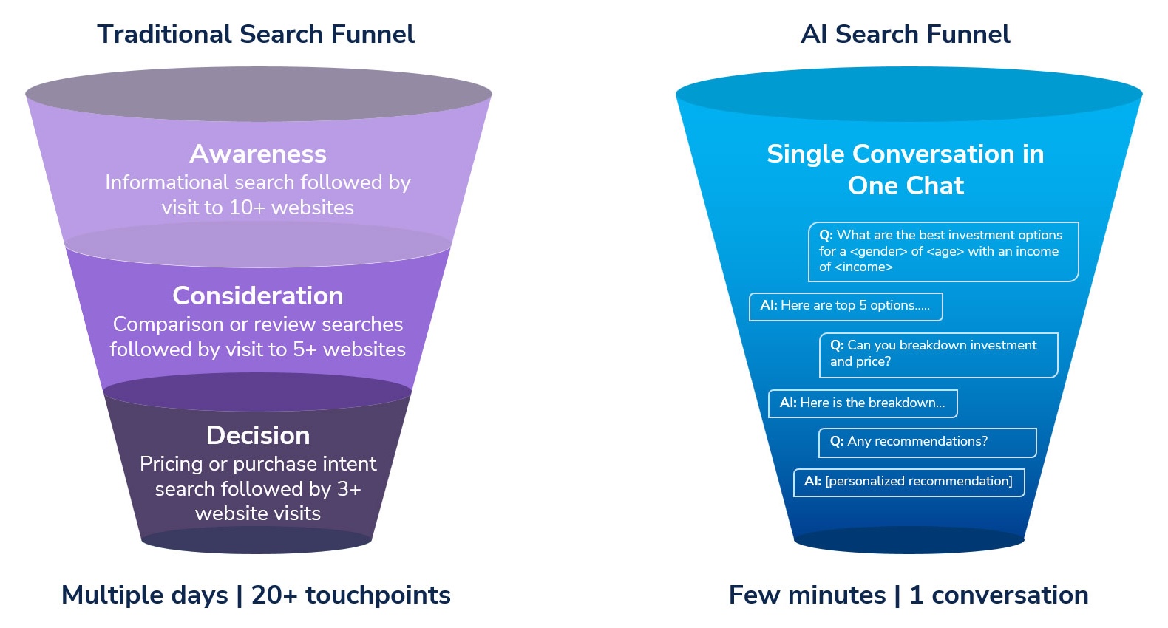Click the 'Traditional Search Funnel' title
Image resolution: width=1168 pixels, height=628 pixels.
pyautogui.click(x=256, y=35)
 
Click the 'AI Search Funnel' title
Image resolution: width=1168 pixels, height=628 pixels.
pyautogui.click(x=905, y=35)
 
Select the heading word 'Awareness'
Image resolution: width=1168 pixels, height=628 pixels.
pyautogui.click(x=257, y=154)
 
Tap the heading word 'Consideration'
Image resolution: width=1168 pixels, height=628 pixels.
pyautogui.click(x=257, y=296)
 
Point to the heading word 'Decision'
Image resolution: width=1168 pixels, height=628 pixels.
pyautogui.click(x=257, y=435)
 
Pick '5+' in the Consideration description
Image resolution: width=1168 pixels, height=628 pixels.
pyautogui.click(x=305, y=349)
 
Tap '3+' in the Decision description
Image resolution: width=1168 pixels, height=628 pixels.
pyautogui.click(x=349, y=489)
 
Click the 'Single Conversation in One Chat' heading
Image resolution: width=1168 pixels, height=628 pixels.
pyautogui.click(x=905, y=169)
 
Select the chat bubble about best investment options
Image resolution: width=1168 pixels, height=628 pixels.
pyautogui.click(x=943, y=251)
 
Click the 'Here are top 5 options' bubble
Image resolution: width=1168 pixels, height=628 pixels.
pyautogui.click(x=845, y=306)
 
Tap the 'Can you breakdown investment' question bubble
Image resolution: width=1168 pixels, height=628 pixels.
pyautogui.click(x=937, y=354)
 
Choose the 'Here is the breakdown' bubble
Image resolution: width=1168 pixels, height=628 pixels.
pyautogui.click(x=862, y=403)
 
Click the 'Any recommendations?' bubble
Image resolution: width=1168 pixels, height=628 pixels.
pyautogui.click(x=926, y=442)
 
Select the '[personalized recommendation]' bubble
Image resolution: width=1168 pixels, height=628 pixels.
pyautogui.click(x=909, y=482)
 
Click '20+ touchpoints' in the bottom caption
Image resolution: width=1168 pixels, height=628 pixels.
pyautogui.click(x=350, y=595)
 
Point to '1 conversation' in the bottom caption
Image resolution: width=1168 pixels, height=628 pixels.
pyautogui.click(x=999, y=595)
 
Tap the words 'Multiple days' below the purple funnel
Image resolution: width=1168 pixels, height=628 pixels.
pyautogui.click(x=145, y=595)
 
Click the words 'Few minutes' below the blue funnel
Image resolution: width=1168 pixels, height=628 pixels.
pyautogui.click(x=807, y=595)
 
